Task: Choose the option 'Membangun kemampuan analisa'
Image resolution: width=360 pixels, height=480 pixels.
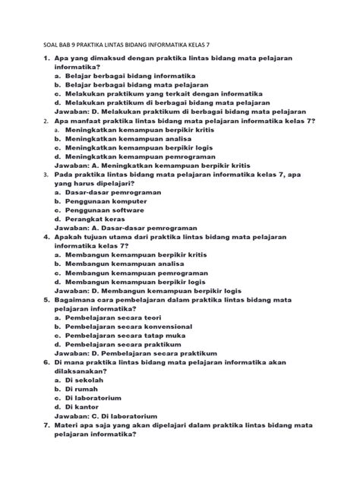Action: coord(125,264)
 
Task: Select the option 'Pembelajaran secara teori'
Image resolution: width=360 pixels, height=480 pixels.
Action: coord(114,317)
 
